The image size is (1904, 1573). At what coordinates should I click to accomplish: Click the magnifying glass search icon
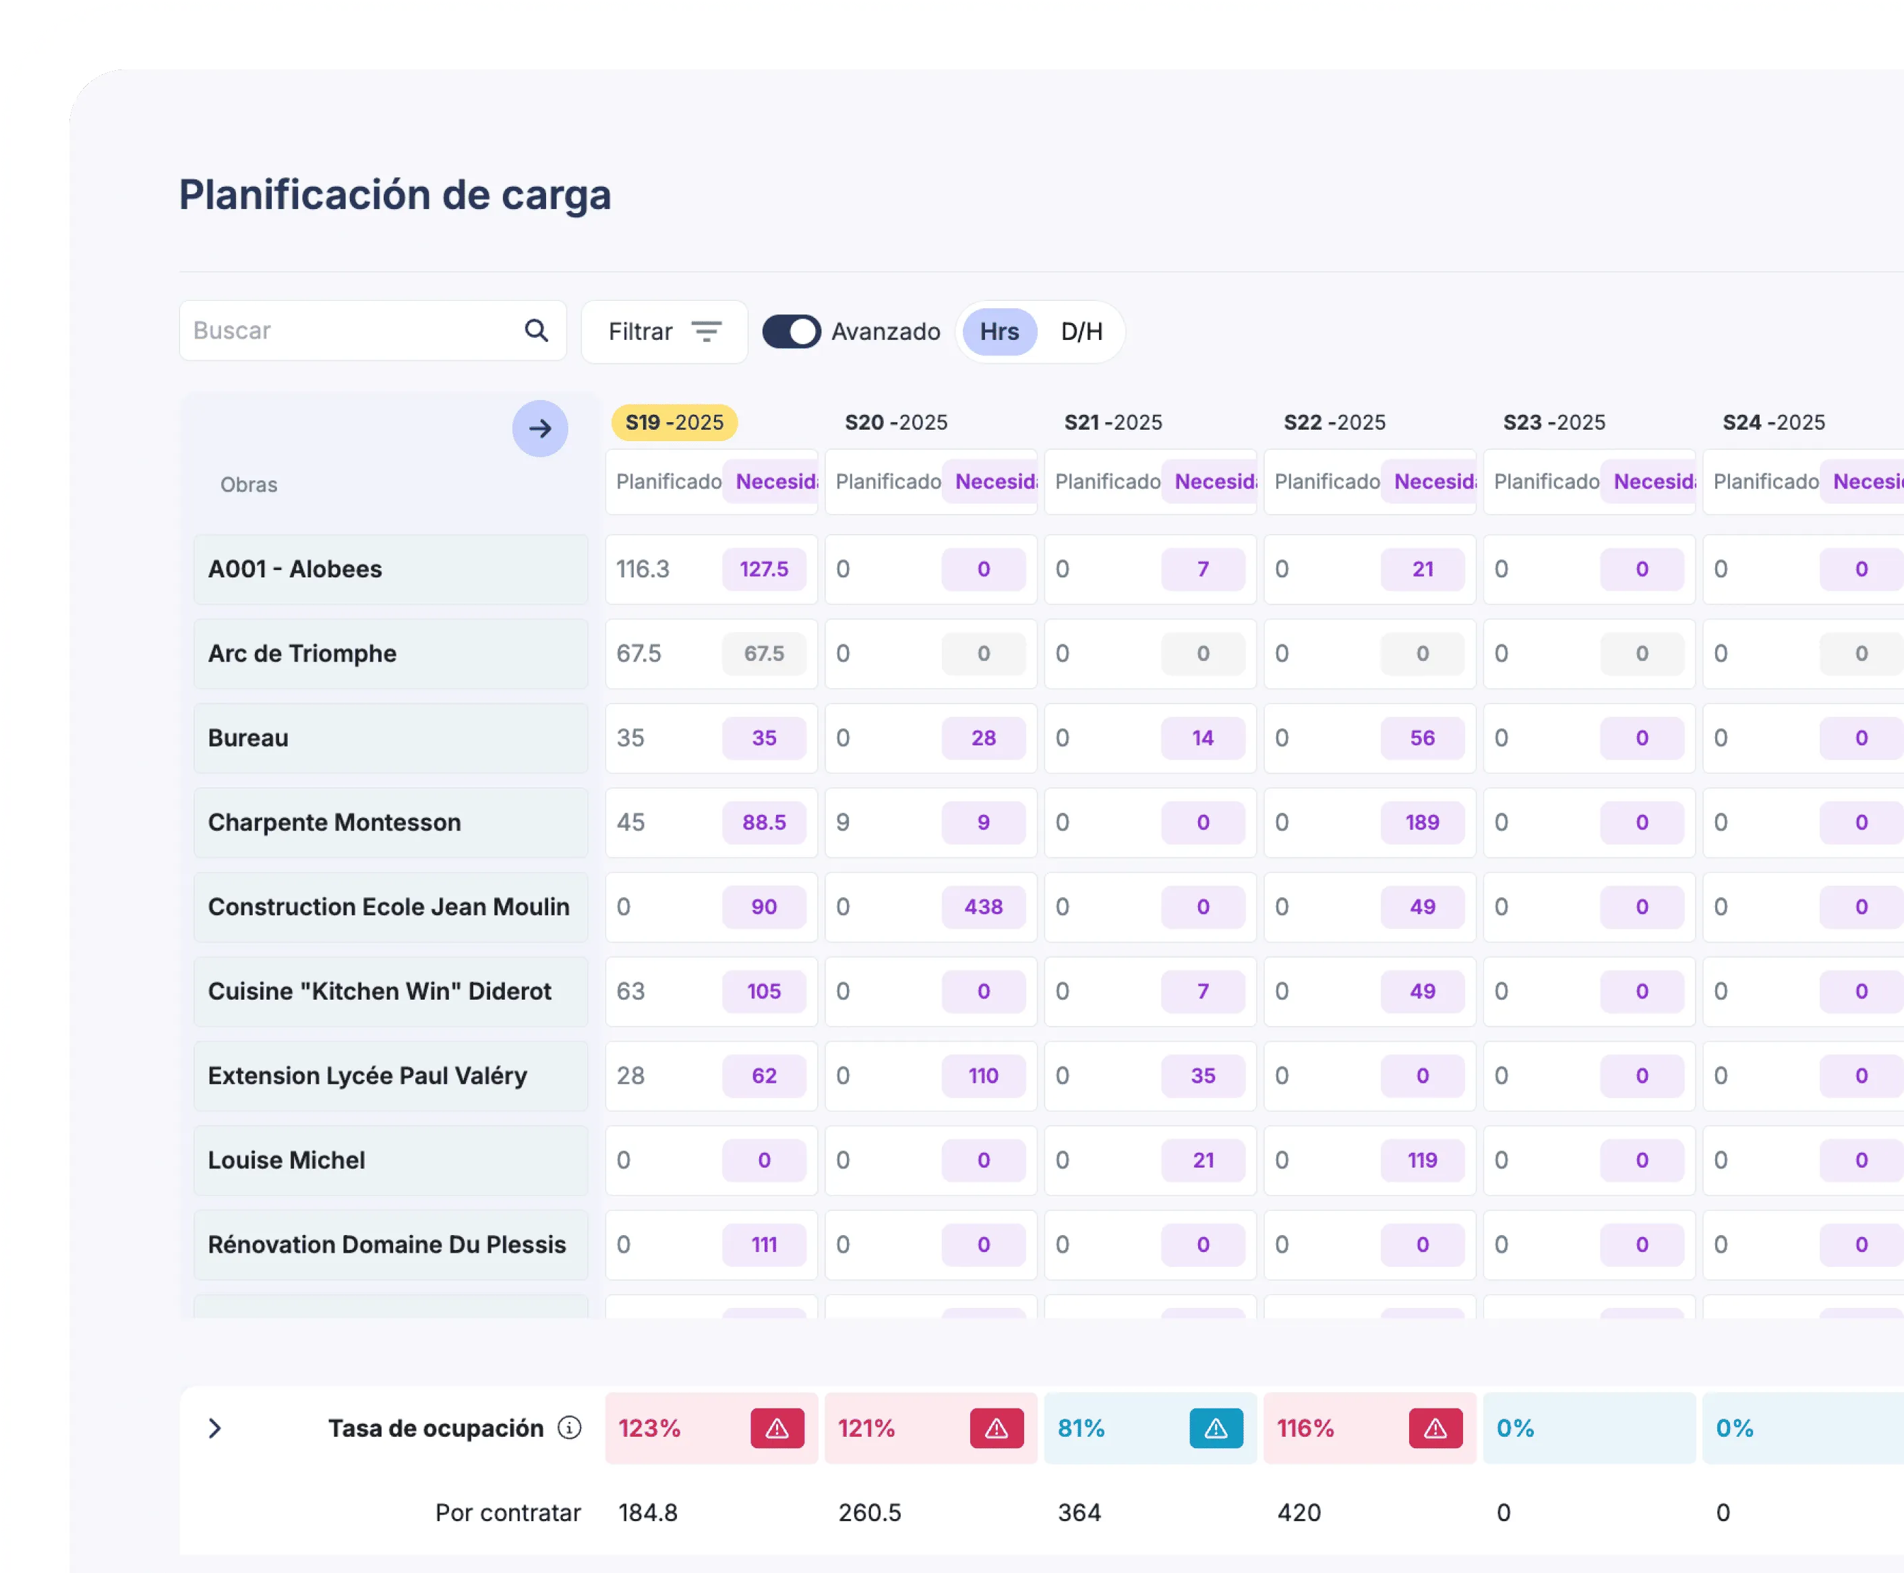[536, 331]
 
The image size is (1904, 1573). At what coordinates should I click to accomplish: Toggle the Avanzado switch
[791, 332]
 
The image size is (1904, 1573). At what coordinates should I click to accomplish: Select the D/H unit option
[1081, 332]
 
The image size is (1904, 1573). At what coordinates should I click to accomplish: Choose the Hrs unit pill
[999, 332]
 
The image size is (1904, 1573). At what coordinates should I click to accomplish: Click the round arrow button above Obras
[540, 428]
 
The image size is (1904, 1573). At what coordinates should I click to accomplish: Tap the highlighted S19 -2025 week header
[674, 422]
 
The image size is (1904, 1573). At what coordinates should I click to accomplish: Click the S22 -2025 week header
[1334, 422]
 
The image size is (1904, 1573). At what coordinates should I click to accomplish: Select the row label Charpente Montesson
[334, 822]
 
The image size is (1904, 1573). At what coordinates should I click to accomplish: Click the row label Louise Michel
[287, 1160]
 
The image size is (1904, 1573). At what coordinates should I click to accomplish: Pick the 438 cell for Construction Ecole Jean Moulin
[983, 907]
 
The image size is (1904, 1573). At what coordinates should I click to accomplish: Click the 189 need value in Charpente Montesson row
[1422, 822]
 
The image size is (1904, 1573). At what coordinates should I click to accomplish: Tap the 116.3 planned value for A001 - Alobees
[643, 569]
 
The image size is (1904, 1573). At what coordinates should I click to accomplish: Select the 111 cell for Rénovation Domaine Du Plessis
[764, 1244]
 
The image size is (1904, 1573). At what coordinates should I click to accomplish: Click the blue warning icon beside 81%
[1216, 1428]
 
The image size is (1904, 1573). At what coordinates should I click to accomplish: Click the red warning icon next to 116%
[1435, 1428]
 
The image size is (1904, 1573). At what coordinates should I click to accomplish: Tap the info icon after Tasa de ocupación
[569, 1428]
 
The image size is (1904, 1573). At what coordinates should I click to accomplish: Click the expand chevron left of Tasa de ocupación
[214, 1428]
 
